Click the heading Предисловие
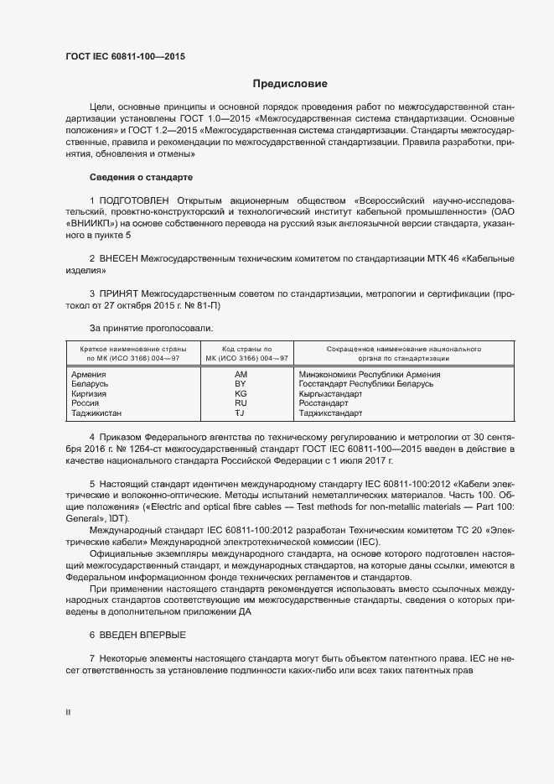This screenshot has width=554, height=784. click(x=290, y=84)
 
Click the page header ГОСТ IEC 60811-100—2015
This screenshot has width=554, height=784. click(x=125, y=57)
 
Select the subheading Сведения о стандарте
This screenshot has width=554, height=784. click(x=141, y=178)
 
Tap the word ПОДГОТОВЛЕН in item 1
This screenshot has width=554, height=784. click(x=134, y=200)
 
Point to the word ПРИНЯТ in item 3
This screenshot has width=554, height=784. click(x=118, y=294)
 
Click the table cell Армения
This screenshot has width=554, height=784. click(x=89, y=374)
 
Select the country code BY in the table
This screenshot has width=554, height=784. click(x=241, y=383)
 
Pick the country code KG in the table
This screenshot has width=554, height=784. click(x=241, y=393)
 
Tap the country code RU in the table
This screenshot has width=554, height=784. click(x=241, y=403)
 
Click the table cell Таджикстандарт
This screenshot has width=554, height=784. click(x=330, y=413)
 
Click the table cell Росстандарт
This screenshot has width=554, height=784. click(x=323, y=403)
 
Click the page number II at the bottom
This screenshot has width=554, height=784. click(x=68, y=712)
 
